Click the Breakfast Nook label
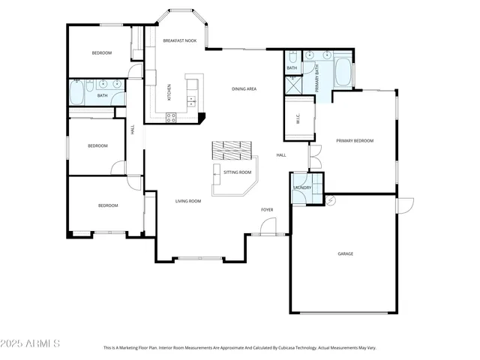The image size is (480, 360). coord(180,40)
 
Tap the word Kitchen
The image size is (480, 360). coord(169,91)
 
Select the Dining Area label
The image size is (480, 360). coord(244,88)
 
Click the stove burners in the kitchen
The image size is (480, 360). coord(171,116)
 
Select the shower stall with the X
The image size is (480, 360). coord(292,85)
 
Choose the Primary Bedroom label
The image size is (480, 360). coord(354,140)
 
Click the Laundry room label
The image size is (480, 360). coord(302,187)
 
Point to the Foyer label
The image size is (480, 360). coord(266,209)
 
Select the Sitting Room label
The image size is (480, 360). coord(238,172)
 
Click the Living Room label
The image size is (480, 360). coord(188,201)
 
